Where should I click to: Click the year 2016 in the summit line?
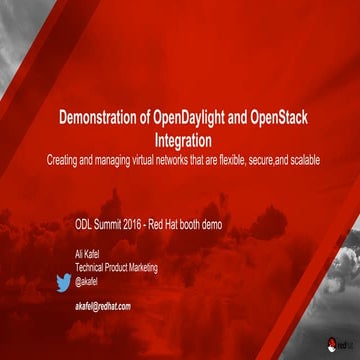pyautogui.click(x=143, y=227)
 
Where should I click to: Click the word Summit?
pyautogui.click(x=114, y=227)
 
